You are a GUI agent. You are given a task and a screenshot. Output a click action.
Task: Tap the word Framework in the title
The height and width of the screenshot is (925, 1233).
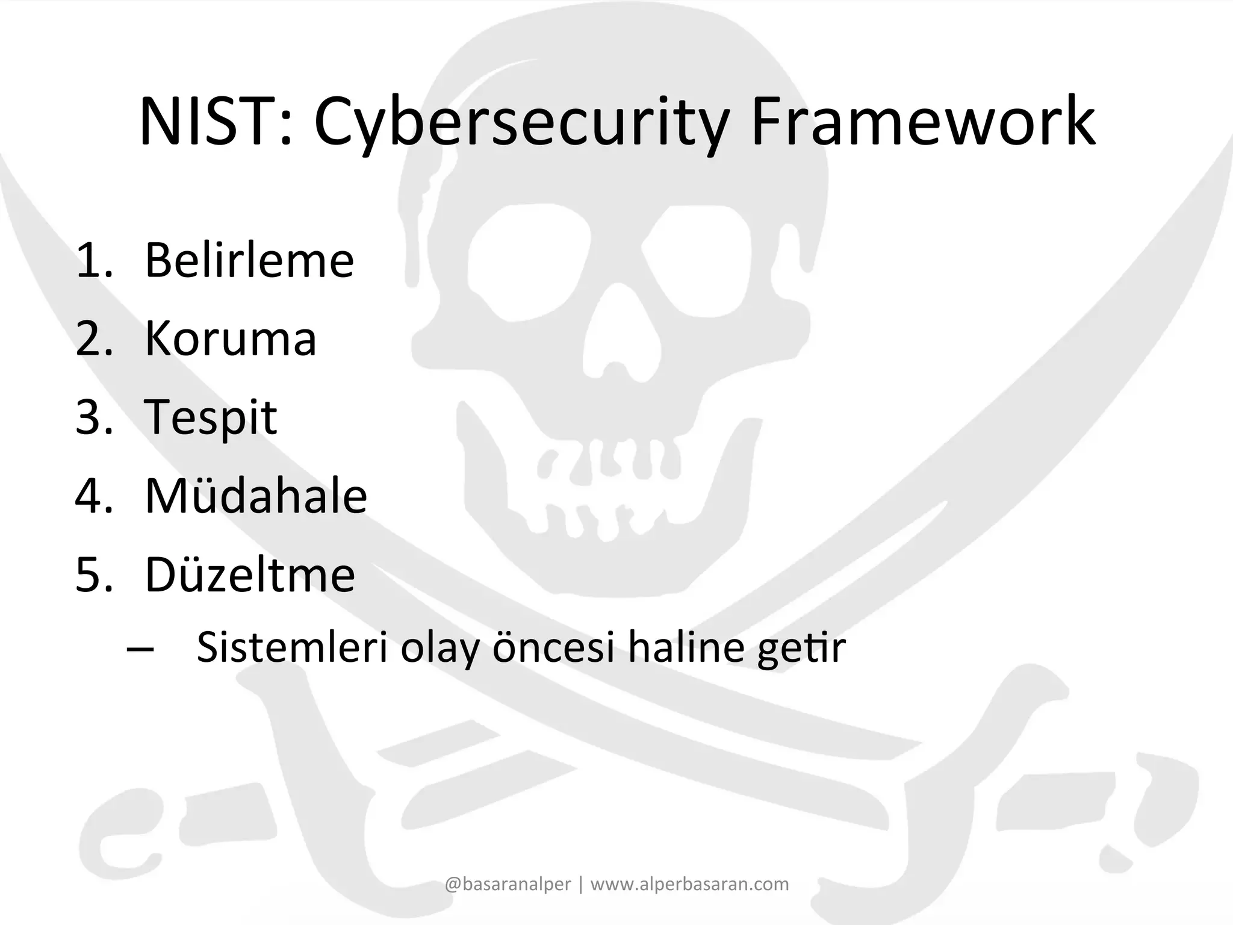click(922, 122)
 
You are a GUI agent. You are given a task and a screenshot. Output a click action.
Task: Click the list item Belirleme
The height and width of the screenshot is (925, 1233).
click(249, 260)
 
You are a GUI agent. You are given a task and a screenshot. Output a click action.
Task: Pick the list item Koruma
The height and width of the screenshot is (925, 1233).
click(231, 338)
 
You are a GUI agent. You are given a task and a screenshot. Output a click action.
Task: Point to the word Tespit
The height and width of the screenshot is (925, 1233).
click(211, 417)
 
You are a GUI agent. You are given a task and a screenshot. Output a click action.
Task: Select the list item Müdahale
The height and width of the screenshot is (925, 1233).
click(256, 496)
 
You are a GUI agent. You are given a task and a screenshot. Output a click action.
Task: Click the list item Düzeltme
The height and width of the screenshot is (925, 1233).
click(250, 574)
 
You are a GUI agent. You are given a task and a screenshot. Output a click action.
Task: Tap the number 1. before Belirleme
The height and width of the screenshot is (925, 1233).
click(95, 260)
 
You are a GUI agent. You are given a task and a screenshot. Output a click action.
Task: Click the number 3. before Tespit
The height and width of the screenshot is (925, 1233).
click(95, 417)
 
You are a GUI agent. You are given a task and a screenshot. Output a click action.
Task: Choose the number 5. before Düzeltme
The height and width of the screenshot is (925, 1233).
click(95, 574)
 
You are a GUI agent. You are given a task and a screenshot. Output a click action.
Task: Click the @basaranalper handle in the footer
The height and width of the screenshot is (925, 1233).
click(508, 884)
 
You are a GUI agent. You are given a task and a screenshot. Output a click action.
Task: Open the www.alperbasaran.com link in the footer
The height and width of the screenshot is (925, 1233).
click(689, 884)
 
